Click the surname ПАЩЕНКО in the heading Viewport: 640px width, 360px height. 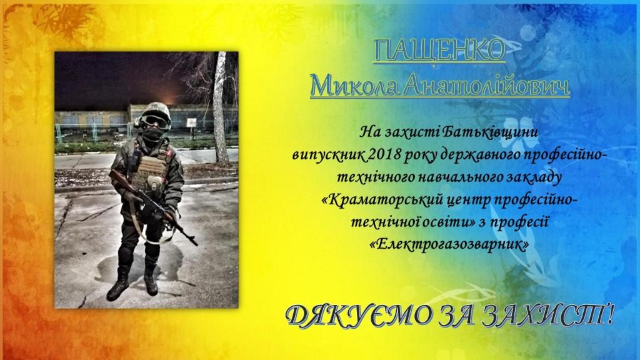tap(439, 51)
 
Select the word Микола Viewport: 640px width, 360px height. tap(353, 86)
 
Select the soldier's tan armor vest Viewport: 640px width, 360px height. tap(149, 171)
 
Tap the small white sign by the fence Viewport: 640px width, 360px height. tap(191, 122)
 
